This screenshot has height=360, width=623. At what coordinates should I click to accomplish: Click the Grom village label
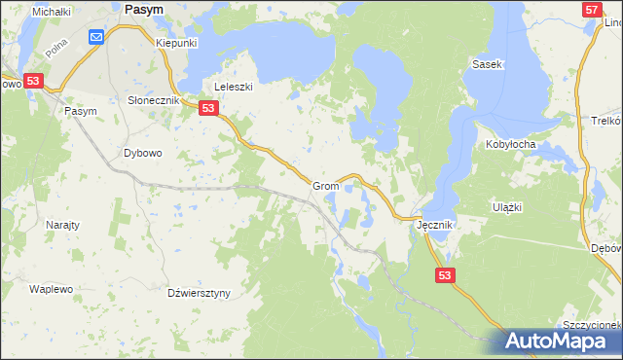point(325,186)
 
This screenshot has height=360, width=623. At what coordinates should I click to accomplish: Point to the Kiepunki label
point(177,44)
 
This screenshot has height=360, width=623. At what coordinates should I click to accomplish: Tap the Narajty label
point(63,225)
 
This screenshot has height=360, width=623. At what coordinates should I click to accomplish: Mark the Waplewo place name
point(52,290)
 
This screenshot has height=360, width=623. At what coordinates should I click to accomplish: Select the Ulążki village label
point(508,207)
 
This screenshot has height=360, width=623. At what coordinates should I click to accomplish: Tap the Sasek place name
point(486,64)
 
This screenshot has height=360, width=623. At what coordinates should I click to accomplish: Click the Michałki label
point(52,12)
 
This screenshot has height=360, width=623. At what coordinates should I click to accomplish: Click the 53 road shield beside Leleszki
point(208,109)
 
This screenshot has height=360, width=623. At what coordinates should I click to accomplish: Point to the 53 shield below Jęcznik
point(444,276)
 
